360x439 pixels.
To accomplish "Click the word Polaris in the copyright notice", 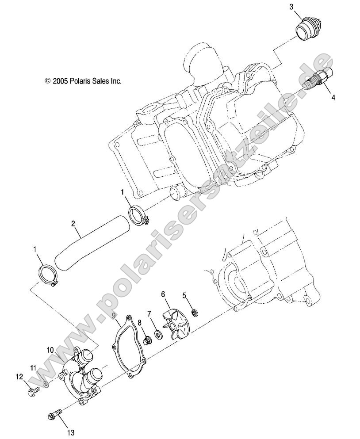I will point(79,81).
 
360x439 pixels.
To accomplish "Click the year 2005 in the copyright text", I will point(60,81).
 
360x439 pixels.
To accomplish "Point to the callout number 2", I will point(73,224).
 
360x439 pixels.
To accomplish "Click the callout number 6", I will point(163,294).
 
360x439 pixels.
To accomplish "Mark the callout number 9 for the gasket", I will point(114,316).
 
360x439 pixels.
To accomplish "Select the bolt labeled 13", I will point(54,415).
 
